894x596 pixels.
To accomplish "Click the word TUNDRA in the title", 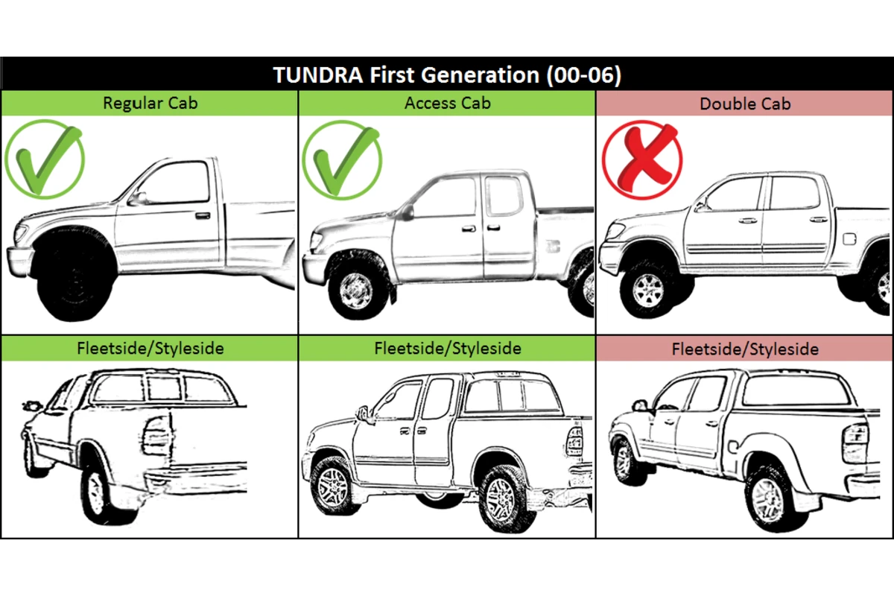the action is click(x=318, y=75).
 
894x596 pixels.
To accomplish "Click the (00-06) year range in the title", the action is click(x=584, y=75).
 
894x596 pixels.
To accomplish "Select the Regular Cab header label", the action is click(x=150, y=103).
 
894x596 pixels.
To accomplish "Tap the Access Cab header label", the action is click(x=448, y=103).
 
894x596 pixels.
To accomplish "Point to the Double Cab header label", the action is click(x=745, y=104).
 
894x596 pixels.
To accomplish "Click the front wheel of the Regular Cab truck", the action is click(x=73, y=279).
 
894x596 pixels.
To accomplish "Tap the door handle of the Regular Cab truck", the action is click(x=203, y=215).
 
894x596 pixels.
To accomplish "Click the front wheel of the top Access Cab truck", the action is click(x=356, y=291).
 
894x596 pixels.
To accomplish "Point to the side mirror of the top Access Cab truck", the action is click(x=407, y=212).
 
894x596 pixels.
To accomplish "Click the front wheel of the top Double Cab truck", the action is click(x=650, y=289).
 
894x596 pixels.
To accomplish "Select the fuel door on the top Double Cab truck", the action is click(x=849, y=238).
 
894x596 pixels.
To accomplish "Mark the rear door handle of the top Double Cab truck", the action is click(x=818, y=219).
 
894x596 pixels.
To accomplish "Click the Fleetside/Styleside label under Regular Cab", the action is click(x=150, y=348).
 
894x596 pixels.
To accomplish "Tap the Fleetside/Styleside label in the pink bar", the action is click(x=745, y=349).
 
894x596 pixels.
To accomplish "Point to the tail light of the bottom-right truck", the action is click(x=854, y=438).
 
